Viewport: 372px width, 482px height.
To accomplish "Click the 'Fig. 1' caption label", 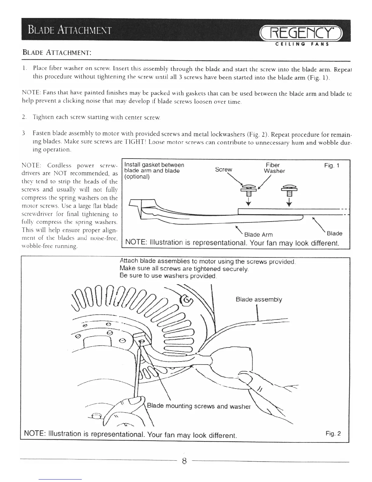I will [332, 166].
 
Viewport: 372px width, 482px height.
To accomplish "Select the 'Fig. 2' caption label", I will [333, 433].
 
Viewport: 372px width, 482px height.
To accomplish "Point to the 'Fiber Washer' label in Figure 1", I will [274, 168].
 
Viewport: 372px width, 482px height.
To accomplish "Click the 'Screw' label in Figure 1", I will [223, 169].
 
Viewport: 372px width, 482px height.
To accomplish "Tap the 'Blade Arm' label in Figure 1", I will [258, 235].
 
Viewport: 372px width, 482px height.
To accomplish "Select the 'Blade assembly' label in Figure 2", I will [259, 299].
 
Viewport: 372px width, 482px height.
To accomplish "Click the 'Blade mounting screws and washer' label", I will [199, 406].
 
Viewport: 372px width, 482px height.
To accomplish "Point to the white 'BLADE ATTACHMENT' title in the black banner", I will [70, 30].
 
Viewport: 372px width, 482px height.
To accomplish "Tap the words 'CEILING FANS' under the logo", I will [302, 44].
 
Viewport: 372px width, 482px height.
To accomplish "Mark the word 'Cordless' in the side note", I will [59, 166].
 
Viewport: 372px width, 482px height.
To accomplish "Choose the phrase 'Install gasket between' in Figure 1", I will [154, 165].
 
